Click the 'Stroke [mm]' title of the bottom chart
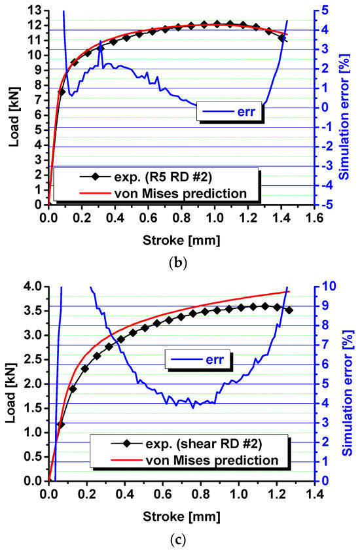coord(179,515)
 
